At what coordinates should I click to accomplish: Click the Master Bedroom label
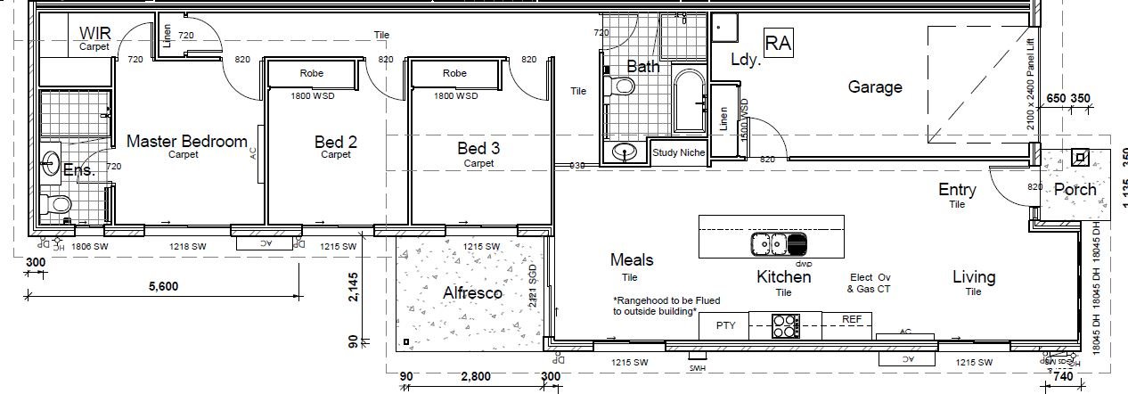(186, 141)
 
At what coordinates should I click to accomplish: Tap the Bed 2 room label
(336, 141)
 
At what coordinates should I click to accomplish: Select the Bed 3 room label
(478, 149)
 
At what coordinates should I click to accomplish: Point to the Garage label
(874, 86)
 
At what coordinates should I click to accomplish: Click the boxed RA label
(778, 42)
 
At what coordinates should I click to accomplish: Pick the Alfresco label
(472, 292)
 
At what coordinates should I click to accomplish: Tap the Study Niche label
(678, 152)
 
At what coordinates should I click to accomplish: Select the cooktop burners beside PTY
(784, 326)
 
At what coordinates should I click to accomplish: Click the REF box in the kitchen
(853, 318)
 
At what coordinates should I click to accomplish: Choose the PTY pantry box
(725, 326)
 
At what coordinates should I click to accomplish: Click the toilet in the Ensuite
(61, 206)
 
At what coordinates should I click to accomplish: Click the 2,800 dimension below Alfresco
(475, 377)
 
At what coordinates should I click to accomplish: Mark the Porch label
(1075, 190)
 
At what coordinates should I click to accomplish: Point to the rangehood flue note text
(666, 306)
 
